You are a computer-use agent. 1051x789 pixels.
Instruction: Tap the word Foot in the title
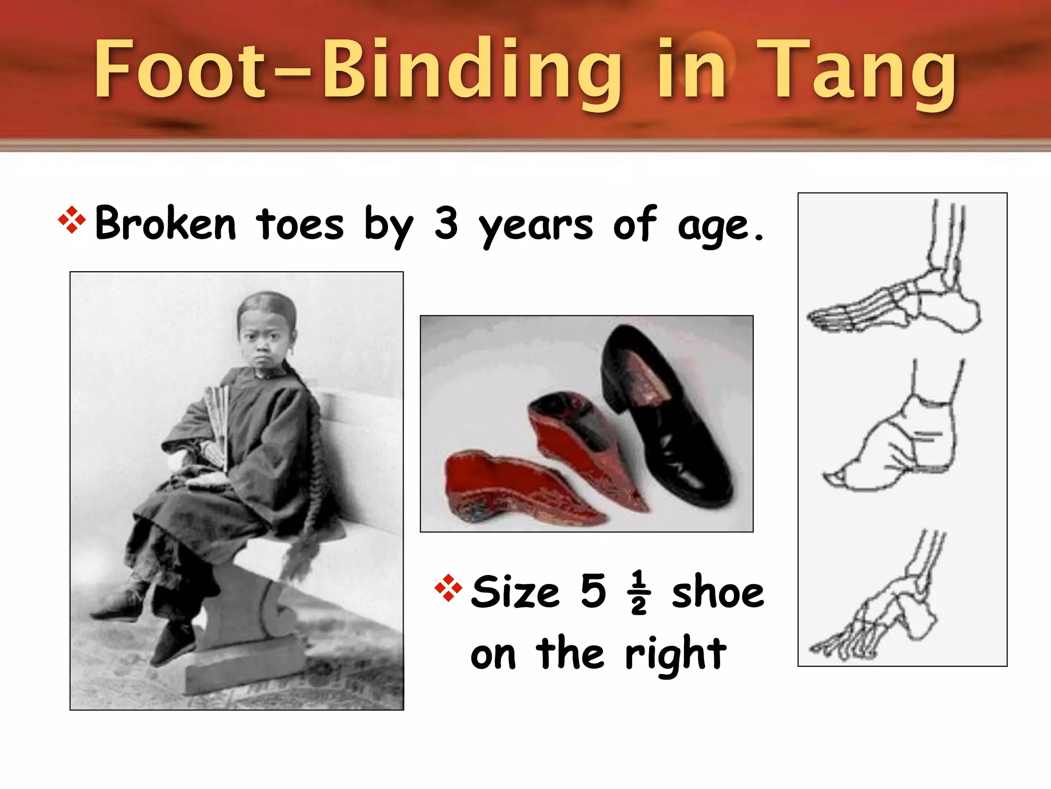(180, 69)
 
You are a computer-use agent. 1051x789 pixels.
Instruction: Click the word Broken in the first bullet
(165, 224)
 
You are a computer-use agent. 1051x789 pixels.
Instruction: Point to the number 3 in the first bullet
(445, 223)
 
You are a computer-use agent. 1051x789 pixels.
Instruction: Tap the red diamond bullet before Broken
(72, 220)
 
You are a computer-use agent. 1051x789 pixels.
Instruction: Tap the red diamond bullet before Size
(448, 588)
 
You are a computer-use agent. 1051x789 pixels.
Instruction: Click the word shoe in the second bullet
(717, 593)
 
